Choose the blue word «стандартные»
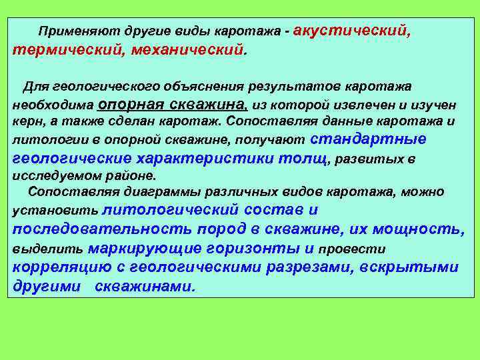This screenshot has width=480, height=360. click(x=368, y=139)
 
